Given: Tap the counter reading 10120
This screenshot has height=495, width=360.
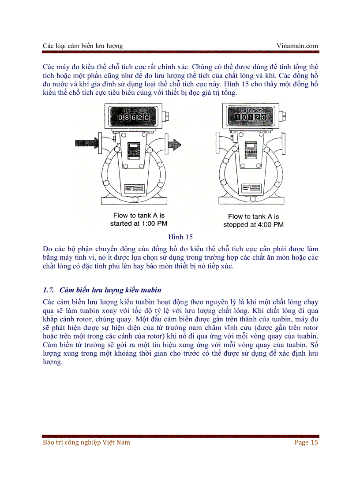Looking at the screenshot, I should click(x=250, y=117).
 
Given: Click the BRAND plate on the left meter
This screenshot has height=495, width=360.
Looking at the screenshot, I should click(x=133, y=150).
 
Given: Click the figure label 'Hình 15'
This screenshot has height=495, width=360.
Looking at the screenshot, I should click(x=180, y=237).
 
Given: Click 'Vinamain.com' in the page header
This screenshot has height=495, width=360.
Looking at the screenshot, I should click(x=297, y=45).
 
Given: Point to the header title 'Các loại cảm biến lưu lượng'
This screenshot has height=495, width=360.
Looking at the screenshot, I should click(x=83, y=45).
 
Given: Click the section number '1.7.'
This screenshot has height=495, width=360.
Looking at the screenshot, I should click(x=49, y=290).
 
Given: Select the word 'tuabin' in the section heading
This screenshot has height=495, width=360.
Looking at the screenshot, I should click(x=150, y=290).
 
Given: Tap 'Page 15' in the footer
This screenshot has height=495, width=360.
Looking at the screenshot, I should click(x=306, y=442).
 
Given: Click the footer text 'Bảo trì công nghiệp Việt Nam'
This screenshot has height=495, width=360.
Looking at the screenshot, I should click(x=86, y=442).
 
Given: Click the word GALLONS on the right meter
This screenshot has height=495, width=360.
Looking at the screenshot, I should click(x=250, y=110).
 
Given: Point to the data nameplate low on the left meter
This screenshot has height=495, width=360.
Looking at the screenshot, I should click(x=134, y=188).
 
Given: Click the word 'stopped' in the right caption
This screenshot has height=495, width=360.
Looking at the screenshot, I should click(x=238, y=224).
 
